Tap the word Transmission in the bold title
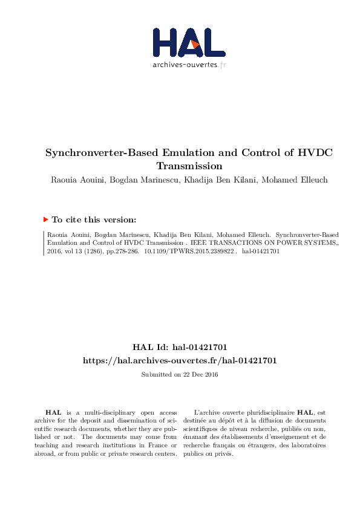(189, 166)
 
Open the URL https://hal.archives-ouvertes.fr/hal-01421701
(180, 360)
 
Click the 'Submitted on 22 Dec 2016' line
(180, 375)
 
